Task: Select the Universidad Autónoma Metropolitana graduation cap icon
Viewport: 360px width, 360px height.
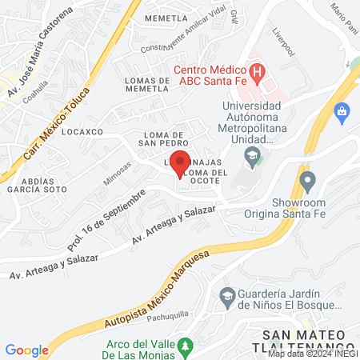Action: click(x=253, y=155)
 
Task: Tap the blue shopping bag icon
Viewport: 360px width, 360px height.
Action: click(x=342, y=110)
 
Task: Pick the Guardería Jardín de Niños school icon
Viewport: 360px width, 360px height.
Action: click(x=228, y=295)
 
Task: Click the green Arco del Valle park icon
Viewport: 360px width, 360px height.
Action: click(x=186, y=346)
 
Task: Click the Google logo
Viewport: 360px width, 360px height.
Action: click(x=26, y=350)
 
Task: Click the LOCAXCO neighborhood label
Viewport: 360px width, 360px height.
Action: click(x=83, y=130)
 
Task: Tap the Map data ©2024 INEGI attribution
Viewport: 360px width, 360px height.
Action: click(x=313, y=353)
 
